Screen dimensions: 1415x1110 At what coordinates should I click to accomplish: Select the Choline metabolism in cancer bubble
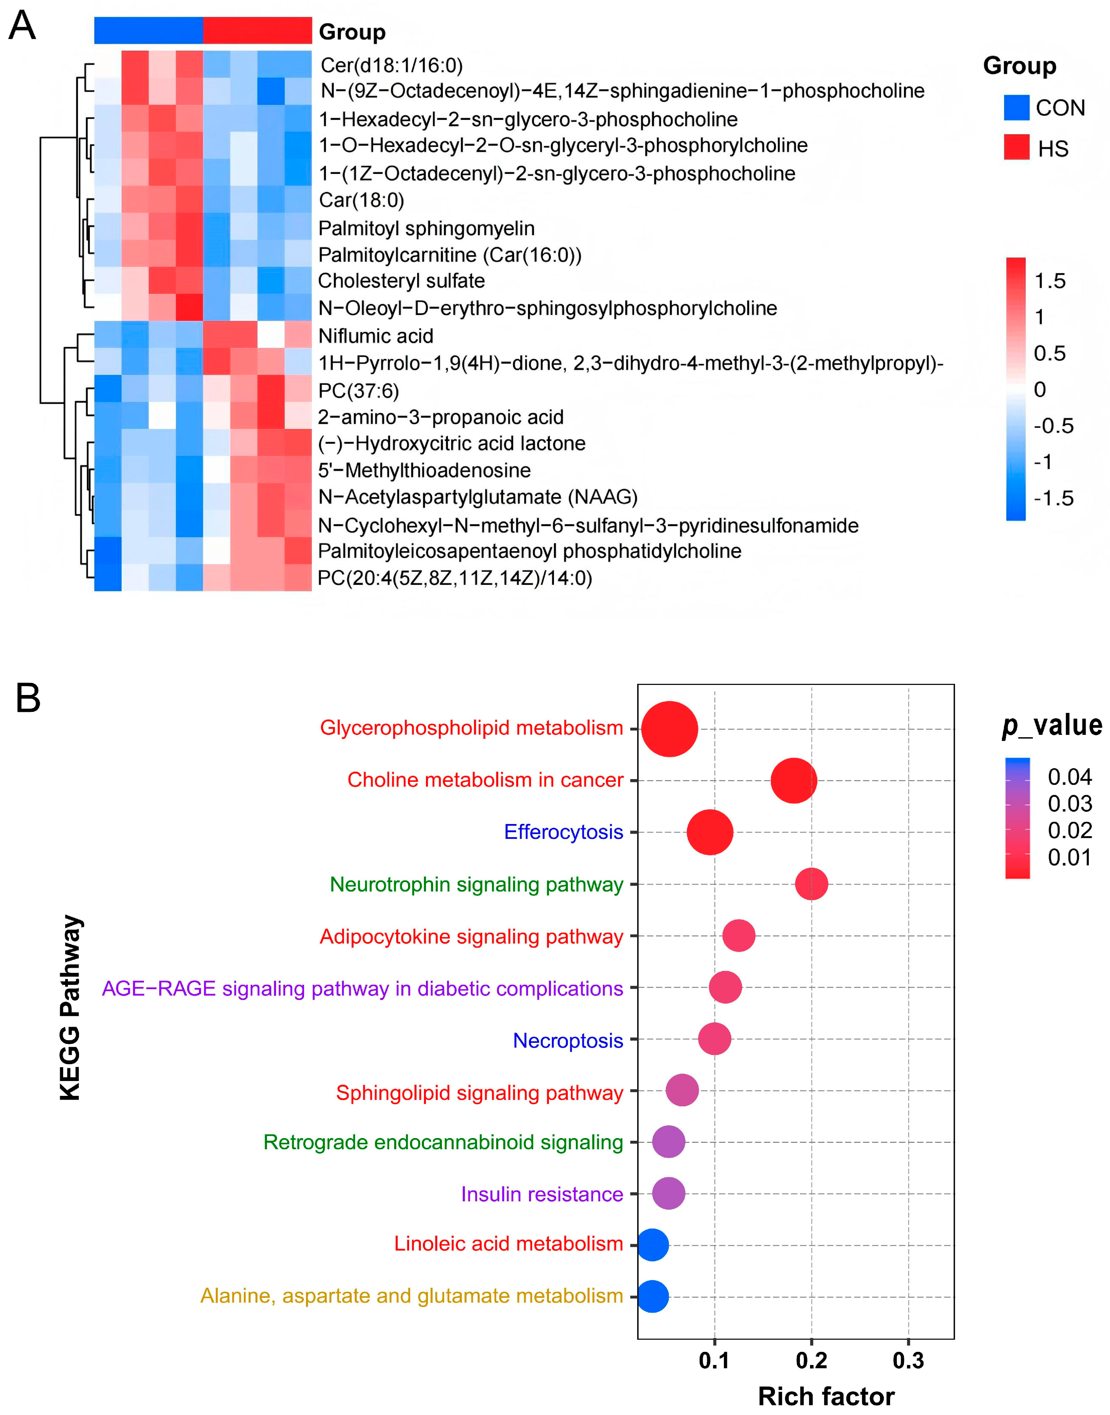pyautogui.click(x=793, y=780)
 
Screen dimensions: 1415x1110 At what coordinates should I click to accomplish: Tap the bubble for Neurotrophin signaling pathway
pyautogui.click(x=812, y=884)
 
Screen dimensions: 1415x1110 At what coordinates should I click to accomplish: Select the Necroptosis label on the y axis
pyautogui.click(x=567, y=1040)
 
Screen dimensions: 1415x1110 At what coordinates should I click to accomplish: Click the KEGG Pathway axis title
pyautogui.click(x=70, y=1008)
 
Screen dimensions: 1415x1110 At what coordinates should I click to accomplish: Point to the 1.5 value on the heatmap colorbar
pyautogui.click(x=1050, y=281)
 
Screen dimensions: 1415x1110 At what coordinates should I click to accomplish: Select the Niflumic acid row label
pyautogui.click(x=376, y=336)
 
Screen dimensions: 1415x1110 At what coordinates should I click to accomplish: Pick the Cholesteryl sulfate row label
pyautogui.click(x=401, y=281)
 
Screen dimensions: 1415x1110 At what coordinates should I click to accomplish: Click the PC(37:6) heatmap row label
pyautogui.click(x=358, y=390)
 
